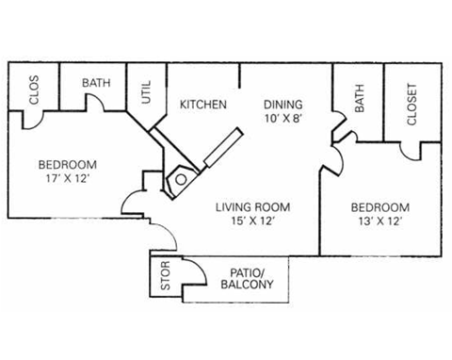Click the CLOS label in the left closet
pos(34,92)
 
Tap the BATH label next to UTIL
pos(95,83)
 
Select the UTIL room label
pos(146,91)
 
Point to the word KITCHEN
pos(202,105)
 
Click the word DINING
pos(281,105)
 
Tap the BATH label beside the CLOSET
pos(359,100)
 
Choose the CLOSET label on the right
pos(412,104)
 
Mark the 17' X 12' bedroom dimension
pos(67,178)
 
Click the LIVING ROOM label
pos(251,207)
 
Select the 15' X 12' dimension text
pos(251,222)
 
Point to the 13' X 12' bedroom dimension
pos(379,222)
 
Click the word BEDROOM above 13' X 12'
pos(379,207)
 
